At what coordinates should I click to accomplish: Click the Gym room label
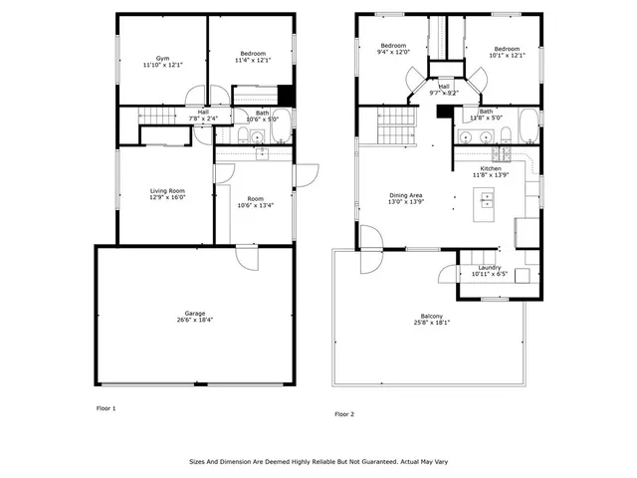point(162,58)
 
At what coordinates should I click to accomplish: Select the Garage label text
point(194,313)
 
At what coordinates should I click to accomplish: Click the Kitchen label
point(491,168)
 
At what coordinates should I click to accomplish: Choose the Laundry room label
point(489,267)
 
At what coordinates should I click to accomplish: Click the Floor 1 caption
point(106,408)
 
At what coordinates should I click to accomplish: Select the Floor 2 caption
point(343,413)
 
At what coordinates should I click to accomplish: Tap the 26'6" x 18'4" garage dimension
point(194,320)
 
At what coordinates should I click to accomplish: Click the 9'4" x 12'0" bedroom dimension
point(393,53)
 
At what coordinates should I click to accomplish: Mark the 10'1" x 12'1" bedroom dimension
point(507,56)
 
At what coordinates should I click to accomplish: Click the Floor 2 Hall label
point(444,87)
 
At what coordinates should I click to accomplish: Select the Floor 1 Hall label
point(203,112)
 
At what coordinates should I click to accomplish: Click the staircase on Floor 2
point(396,127)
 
